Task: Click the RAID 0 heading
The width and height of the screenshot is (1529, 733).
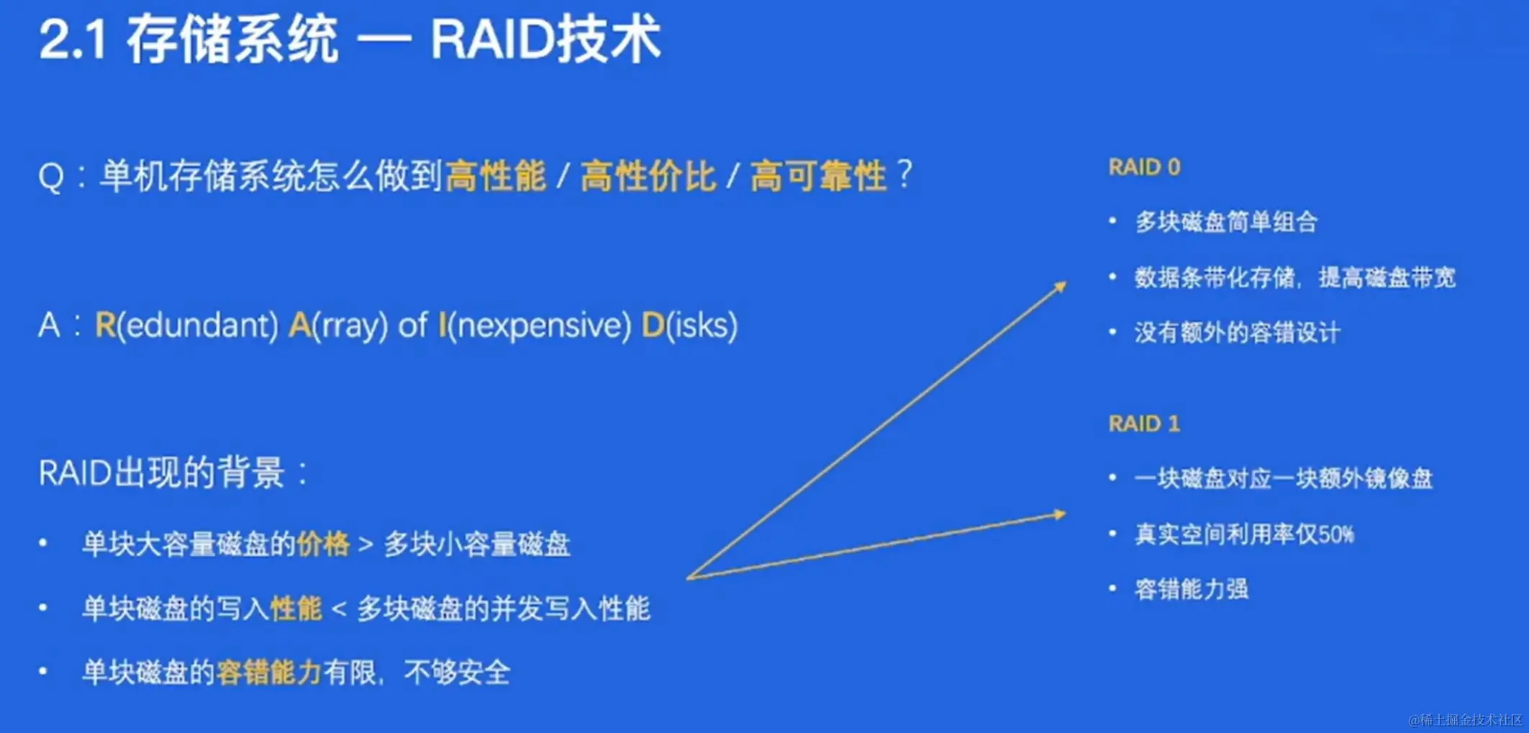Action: point(1144,167)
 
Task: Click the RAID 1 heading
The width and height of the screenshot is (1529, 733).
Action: point(1144,423)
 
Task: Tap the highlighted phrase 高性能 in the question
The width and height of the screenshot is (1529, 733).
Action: point(496,176)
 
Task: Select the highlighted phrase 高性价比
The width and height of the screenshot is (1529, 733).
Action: point(648,176)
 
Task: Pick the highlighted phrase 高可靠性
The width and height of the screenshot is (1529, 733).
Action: point(818,176)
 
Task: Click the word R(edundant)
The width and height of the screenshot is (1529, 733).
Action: point(186,325)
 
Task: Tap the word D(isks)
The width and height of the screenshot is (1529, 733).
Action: point(690,325)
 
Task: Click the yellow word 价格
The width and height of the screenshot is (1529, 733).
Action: point(323,544)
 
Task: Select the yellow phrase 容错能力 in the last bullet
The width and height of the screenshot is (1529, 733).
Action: point(268,673)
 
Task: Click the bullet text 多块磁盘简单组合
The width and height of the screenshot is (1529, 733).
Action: point(1226,222)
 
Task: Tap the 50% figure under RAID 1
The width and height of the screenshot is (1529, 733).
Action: point(1337,534)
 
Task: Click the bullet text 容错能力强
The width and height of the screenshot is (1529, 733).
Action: point(1192,589)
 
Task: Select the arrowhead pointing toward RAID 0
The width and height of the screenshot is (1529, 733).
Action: point(1060,287)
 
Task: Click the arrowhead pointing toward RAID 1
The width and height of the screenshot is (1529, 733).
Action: point(1059,514)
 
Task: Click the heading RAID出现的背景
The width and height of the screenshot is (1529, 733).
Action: point(162,473)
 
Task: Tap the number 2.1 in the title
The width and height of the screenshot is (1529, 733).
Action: point(73,40)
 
